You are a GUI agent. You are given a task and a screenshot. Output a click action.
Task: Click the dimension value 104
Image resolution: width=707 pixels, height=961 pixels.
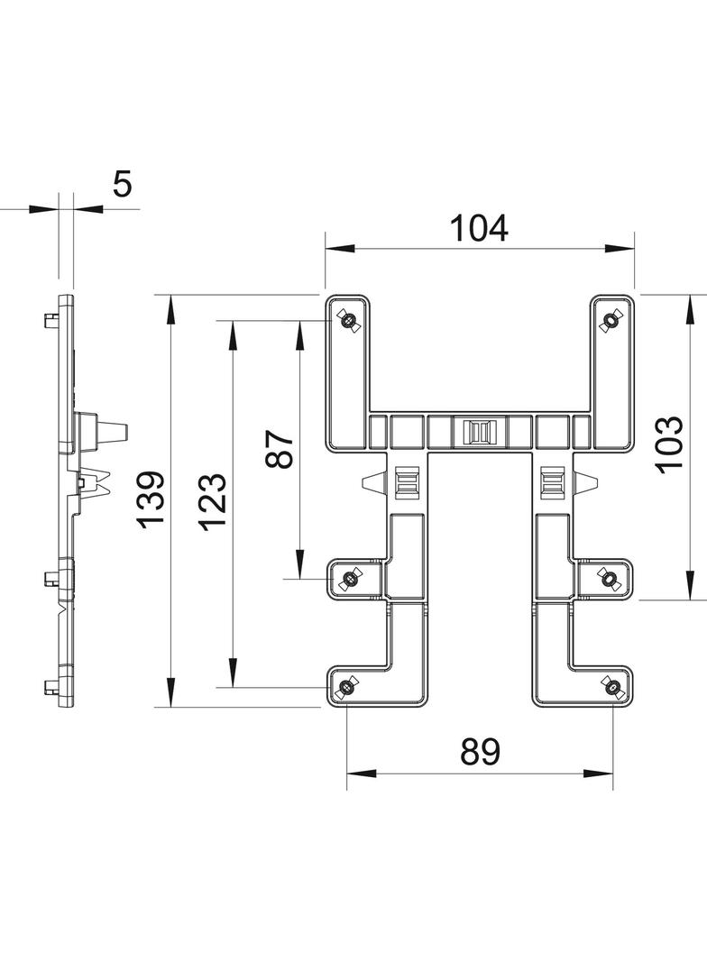pyautogui.click(x=479, y=228)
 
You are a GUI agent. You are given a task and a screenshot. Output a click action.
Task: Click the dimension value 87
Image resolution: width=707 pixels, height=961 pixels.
pyautogui.click(x=280, y=448)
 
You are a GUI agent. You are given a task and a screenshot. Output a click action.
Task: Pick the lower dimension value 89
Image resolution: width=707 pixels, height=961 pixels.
pyautogui.click(x=479, y=751)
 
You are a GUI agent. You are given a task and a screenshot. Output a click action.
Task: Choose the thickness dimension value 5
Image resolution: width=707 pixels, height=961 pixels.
pyautogui.click(x=122, y=184)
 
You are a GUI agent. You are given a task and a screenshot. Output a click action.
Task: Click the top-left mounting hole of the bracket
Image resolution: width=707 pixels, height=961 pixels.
pyautogui.click(x=348, y=320)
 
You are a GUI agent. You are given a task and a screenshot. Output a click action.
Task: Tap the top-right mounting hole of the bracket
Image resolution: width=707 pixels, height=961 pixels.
pyautogui.click(x=611, y=320)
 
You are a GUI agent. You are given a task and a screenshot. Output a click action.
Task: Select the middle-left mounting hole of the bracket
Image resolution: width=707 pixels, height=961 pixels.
pyautogui.click(x=348, y=578)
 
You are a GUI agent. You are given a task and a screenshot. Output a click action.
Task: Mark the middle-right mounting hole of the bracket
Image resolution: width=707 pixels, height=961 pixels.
pyautogui.click(x=610, y=578)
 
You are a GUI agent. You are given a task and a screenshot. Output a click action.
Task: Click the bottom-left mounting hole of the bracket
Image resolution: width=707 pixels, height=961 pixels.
pyautogui.click(x=346, y=689)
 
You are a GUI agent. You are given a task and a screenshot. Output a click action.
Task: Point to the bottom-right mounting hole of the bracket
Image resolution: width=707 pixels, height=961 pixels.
pyautogui.click(x=611, y=689)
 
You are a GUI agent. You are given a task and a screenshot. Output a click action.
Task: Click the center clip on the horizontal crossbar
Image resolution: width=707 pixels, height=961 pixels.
pyautogui.click(x=479, y=432)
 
